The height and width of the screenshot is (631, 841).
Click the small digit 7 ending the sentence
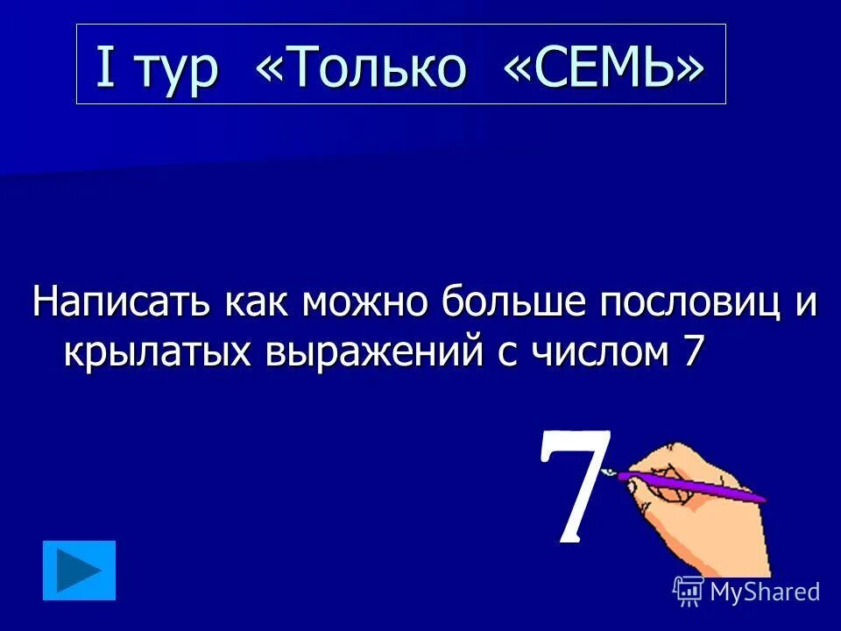(691, 351)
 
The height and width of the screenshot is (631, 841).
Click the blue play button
(79, 571)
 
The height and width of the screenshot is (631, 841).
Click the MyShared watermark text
(765, 592)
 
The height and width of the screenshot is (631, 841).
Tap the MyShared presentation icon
(689, 592)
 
